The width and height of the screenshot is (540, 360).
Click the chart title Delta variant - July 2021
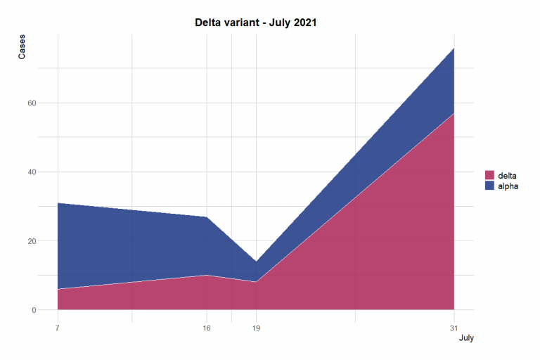pyautogui.click(x=256, y=22)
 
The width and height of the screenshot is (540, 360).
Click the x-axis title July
pyautogui.click(x=466, y=338)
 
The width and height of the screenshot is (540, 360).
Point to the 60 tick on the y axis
pyautogui.click(x=32, y=103)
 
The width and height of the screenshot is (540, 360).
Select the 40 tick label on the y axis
pyautogui.click(x=32, y=172)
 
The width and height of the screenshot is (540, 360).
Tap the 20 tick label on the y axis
pyautogui.click(x=32, y=240)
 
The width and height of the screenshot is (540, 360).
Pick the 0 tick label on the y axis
pyautogui.click(x=34, y=309)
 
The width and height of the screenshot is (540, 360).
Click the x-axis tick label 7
pyautogui.click(x=57, y=328)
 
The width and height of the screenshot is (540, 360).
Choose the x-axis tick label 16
pyautogui.click(x=206, y=328)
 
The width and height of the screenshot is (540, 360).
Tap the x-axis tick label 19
pyautogui.click(x=256, y=328)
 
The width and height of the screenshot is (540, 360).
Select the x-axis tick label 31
pyautogui.click(x=454, y=328)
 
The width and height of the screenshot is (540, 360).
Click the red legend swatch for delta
pyautogui.click(x=489, y=175)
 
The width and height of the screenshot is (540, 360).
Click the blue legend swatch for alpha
pyautogui.click(x=489, y=186)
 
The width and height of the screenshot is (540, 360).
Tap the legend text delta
pyautogui.click(x=507, y=175)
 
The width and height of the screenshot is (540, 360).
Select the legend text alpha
pyautogui.click(x=508, y=186)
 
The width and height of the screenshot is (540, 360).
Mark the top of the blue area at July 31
pyautogui.click(x=454, y=48)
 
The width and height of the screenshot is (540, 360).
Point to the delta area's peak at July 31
pyautogui.click(x=454, y=113)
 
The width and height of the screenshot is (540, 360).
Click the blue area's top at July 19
pyautogui.click(x=256, y=262)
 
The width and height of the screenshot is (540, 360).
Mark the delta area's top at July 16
pyautogui.click(x=206, y=275)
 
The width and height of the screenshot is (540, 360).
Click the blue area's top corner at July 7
pyautogui.click(x=58, y=203)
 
